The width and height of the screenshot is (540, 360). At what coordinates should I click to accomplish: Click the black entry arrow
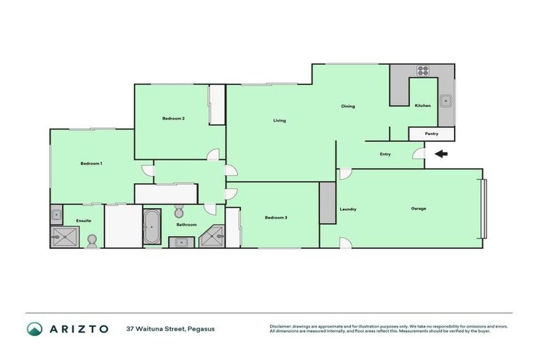pyautogui.click(x=442, y=154)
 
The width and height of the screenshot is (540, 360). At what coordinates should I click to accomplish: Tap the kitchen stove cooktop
pyautogui.click(x=423, y=70)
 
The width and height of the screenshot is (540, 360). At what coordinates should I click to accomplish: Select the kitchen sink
pyautogui.click(x=446, y=101)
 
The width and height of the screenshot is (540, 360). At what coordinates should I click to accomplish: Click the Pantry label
pyautogui.click(x=432, y=134)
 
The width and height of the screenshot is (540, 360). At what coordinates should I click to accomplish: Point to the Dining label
pyautogui.click(x=348, y=106)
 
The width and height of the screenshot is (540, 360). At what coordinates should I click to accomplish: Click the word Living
pyautogui.click(x=279, y=121)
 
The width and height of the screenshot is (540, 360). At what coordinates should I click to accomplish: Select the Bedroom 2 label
pyautogui.click(x=173, y=118)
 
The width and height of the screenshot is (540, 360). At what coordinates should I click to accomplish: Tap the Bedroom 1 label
pyautogui.click(x=91, y=163)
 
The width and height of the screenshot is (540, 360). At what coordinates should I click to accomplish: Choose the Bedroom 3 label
pyautogui.click(x=276, y=217)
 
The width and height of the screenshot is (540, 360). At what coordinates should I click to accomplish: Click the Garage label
pyautogui.click(x=418, y=208)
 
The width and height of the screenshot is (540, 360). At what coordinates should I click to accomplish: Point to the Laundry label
pyautogui.click(x=347, y=209)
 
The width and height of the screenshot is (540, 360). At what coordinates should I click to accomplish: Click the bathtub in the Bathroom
pyautogui.click(x=152, y=226)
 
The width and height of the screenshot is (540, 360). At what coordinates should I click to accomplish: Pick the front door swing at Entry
pyautogui.click(x=418, y=153)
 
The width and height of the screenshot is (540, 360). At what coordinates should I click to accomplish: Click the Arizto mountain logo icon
pyautogui.click(x=34, y=328)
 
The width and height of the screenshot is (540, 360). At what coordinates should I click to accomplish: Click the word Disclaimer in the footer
pyautogui.click(x=281, y=326)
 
